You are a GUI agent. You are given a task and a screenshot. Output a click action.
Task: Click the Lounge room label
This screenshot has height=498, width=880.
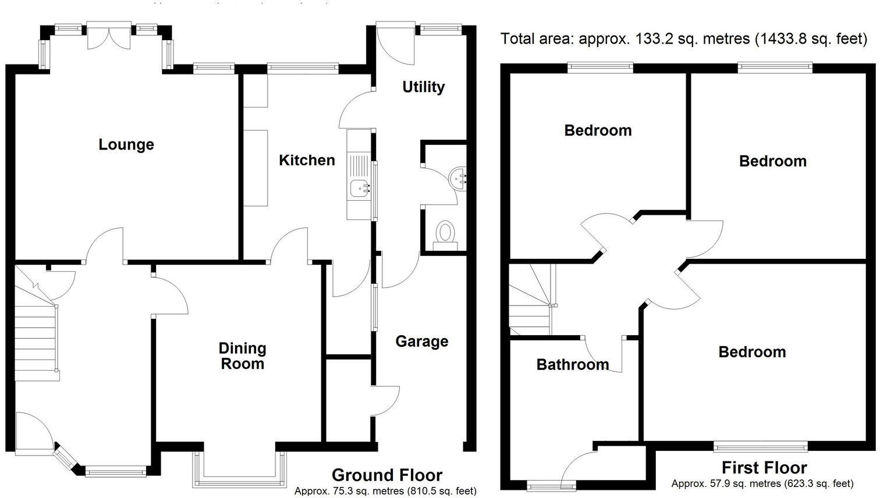pos(126,144)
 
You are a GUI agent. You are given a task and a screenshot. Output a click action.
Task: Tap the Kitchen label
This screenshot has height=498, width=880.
pos(307,160)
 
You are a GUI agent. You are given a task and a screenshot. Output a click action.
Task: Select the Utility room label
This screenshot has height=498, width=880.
pos(423,87)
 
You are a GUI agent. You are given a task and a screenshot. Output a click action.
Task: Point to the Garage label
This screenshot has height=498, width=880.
pos(421,341)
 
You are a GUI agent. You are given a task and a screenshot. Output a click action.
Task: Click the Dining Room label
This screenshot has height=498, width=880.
pos(242,356)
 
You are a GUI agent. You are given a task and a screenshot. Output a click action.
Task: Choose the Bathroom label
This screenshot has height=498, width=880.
pos(572,365)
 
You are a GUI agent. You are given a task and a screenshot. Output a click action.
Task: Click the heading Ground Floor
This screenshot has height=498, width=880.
pos(386,475)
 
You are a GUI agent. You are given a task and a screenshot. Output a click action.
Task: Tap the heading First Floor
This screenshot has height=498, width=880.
pos(764,468)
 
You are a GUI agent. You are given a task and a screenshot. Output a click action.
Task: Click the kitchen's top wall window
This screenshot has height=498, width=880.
pos(303,68)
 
